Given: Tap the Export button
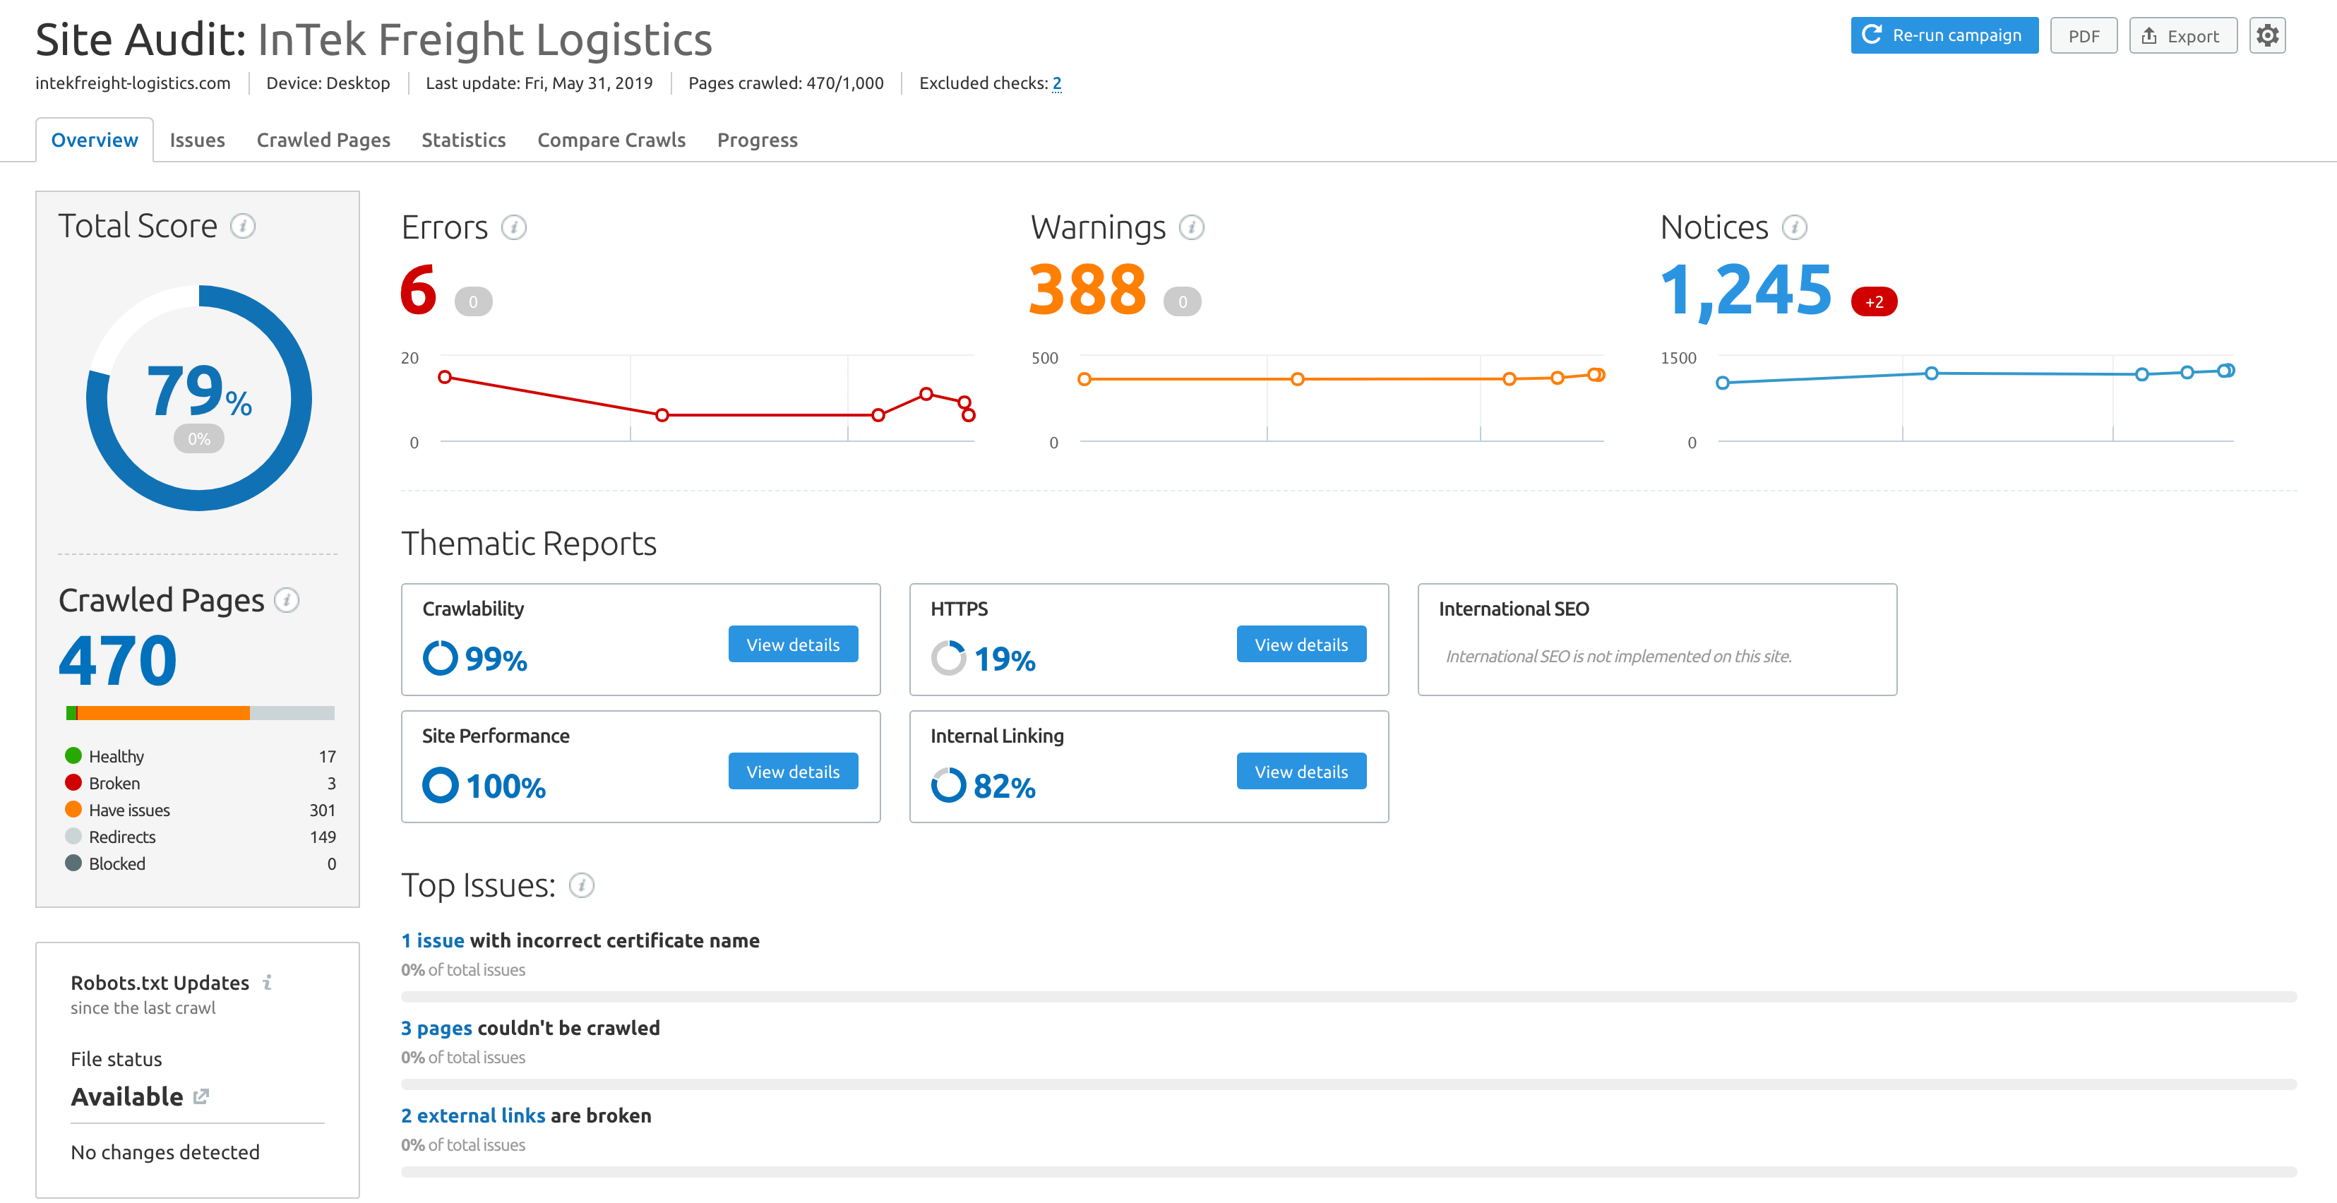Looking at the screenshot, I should click(x=2181, y=36).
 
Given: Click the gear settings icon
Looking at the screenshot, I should click(x=2266, y=35).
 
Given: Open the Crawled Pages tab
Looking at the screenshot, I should click(x=323, y=140).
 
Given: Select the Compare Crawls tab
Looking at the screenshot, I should click(x=611, y=140).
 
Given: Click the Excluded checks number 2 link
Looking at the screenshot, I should click(x=1056, y=83).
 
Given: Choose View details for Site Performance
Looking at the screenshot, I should click(x=792, y=771).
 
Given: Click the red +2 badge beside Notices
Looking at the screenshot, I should click(x=1873, y=302).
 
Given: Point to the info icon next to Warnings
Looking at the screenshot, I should click(x=1191, y=228).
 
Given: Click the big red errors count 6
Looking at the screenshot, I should click(x=418, y=290).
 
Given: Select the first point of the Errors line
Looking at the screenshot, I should click(x=445, y=376).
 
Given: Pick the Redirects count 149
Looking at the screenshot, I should click(x=322, y=837).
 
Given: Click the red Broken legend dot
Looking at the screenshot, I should click(x=73, y=782).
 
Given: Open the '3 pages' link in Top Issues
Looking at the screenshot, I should click(x=436, y=1028).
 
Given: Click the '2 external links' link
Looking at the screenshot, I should click(x=472, y=1115).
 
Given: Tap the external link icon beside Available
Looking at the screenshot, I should click(x=201, y=1096).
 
